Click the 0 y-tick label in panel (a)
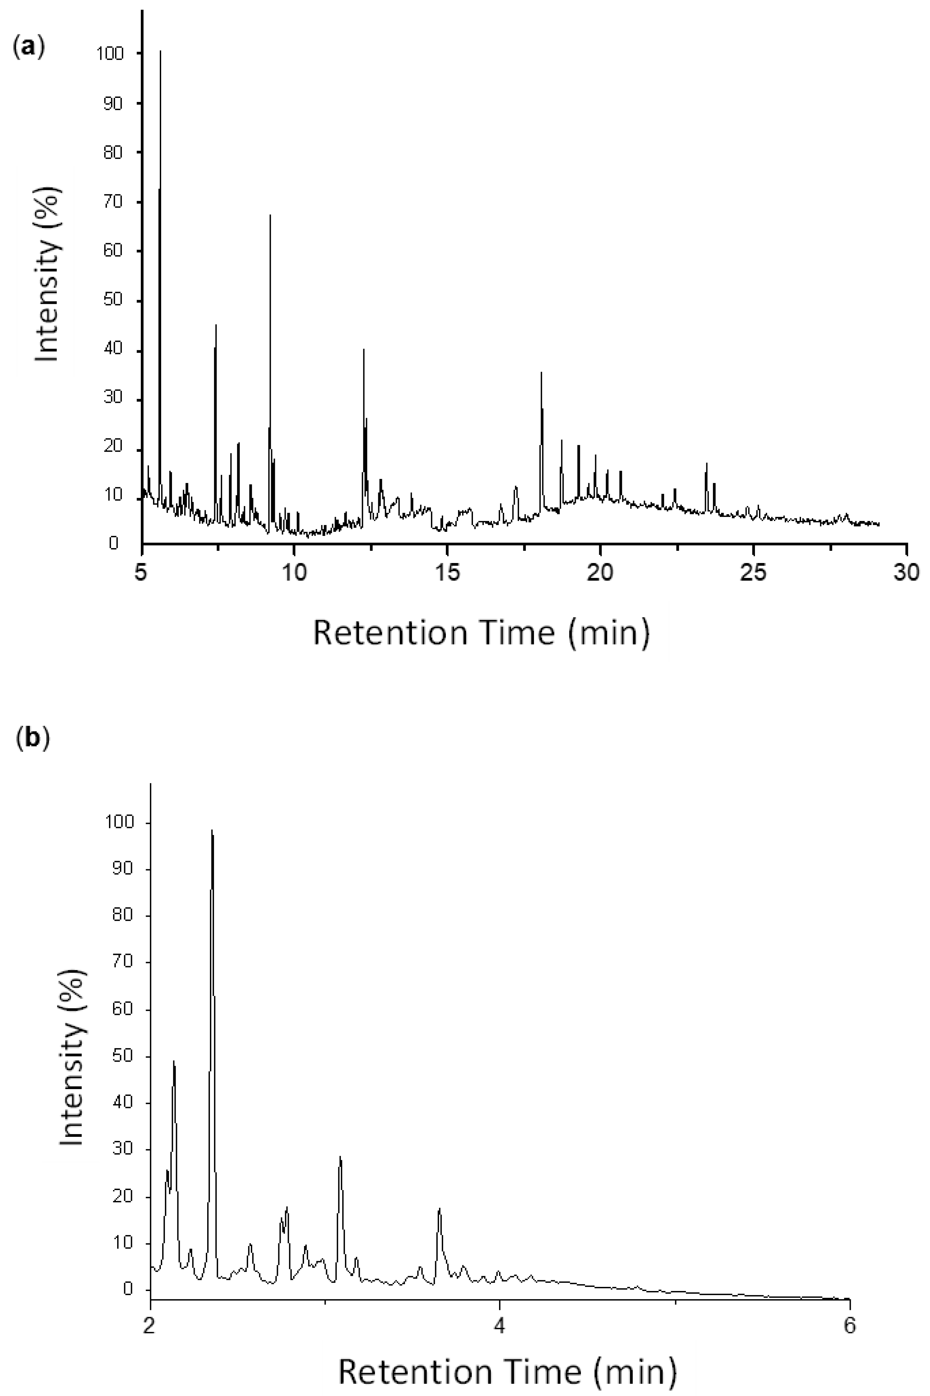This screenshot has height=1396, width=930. coord(114,543)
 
